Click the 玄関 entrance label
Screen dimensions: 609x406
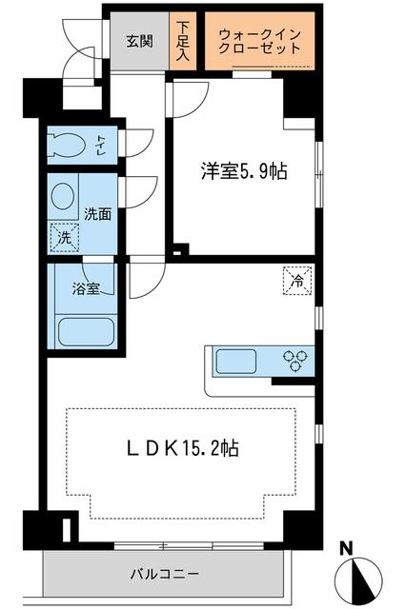(x=140, y=41)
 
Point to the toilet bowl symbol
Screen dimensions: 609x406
(x=68, y=146)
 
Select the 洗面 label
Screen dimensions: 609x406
(x=98, y=214)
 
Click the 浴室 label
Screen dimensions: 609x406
(x=87, y=289)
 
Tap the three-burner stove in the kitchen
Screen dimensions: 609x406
(x=295, y=362)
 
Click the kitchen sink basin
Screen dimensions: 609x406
(x=233, y=363)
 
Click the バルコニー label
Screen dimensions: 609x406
(x=164, y=574)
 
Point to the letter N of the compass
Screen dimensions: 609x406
(x=347, y=549)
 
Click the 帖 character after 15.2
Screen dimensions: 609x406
(x=230, y=446)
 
